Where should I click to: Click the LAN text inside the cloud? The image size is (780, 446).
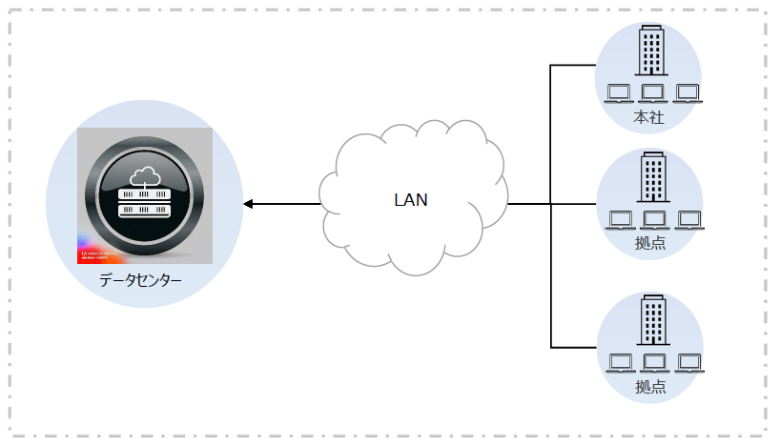tap(411, 200)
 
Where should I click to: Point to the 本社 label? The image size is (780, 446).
tap(648, 118)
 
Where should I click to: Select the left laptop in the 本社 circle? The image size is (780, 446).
tap(620, 93)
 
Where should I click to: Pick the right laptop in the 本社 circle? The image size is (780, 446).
tap(687, 93)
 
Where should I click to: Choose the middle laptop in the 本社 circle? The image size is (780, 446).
tap(653, 93)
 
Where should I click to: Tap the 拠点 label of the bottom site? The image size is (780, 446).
tap(650, 387)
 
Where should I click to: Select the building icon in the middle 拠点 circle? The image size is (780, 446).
tap(653, 177)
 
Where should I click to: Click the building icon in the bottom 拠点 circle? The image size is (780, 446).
tap(653, 319)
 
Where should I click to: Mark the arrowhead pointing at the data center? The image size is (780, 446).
tap(248, 204)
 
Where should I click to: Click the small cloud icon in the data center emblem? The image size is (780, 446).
tap(144, 174)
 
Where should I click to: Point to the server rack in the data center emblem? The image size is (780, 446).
tap(144, 201)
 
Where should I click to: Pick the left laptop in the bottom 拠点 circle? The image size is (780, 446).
tap(621, 363)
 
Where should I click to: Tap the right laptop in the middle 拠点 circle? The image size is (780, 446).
tap(688, 219)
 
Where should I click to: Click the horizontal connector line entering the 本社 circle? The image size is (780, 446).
tap(573, 65)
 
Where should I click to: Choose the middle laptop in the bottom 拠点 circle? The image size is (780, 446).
tap(654, 363)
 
